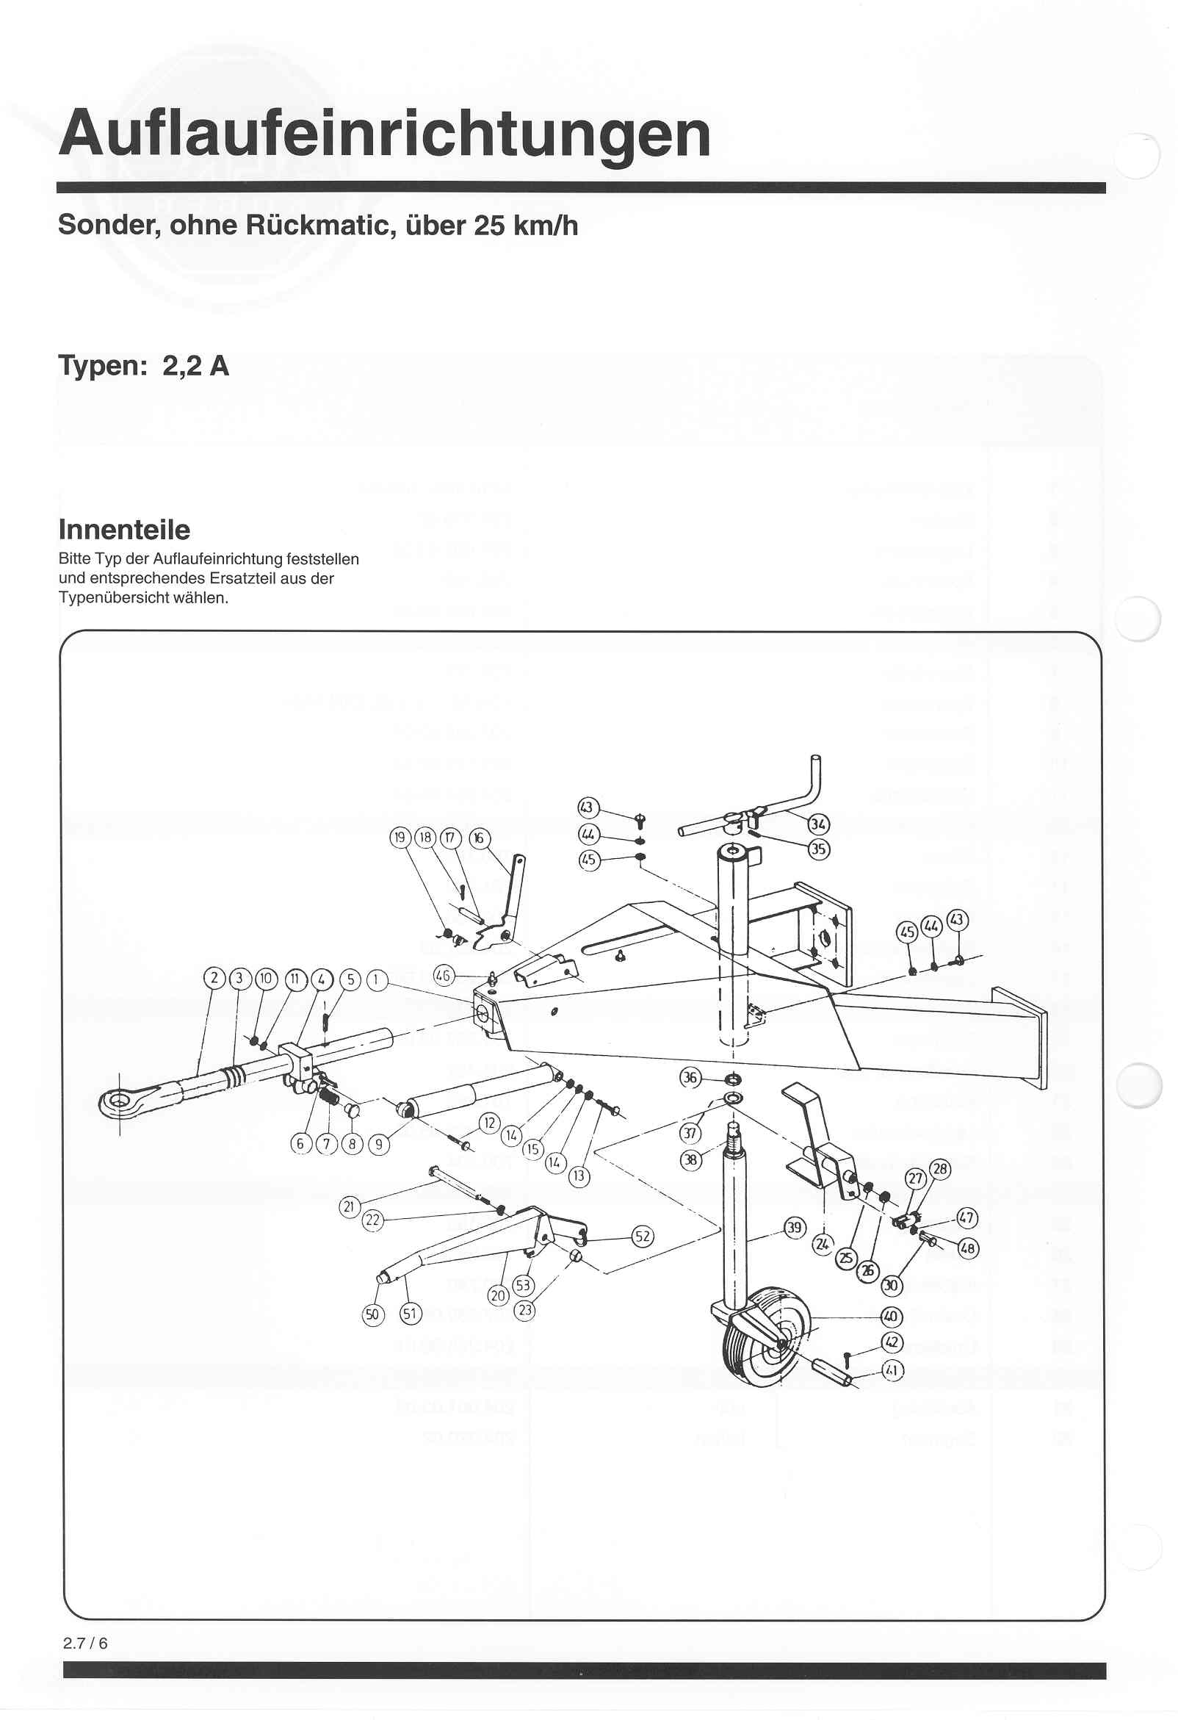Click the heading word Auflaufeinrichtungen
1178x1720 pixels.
point(385,134)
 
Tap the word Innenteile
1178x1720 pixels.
point(124,530)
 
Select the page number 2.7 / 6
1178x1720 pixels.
point(85,1643)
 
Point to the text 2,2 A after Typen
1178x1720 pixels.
point(196,367)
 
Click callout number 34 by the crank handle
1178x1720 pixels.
point(818,824)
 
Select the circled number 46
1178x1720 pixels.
point(443,976)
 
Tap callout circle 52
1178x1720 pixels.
point(643,1236)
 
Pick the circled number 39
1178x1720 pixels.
point(794,1228)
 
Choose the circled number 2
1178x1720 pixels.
point(214,979)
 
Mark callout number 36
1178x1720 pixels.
point(690,1077)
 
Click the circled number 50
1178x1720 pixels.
point(373,1314)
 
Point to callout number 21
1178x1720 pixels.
point(350,1206)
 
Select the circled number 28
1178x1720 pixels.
point(940,1170)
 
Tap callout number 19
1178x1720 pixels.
point(400,837)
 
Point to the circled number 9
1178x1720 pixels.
point(379,1144)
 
